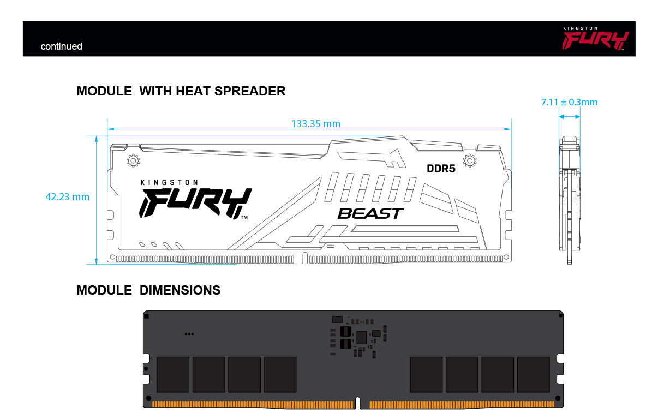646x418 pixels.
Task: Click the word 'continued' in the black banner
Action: (62, 46)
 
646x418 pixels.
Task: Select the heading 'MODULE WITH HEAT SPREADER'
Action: (181, 91)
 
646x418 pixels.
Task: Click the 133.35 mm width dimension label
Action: (315, 124)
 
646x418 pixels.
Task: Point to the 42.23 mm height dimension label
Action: (67, 197)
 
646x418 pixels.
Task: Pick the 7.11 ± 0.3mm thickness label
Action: (569, 102)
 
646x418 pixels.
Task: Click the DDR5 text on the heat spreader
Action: (441, 168)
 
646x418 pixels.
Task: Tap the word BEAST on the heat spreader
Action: (370, 213)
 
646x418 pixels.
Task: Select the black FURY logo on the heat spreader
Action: (195, 203)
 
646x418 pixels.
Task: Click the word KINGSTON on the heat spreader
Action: (169, 182)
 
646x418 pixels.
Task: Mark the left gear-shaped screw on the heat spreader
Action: (133, 160)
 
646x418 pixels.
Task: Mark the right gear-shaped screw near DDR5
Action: (470, 160)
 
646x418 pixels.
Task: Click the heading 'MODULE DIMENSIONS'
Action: (148, 290)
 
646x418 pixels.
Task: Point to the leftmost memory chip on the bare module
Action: (173, 374)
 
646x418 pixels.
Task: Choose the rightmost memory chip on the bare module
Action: (534, 374)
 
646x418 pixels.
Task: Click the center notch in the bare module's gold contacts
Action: (357, 403)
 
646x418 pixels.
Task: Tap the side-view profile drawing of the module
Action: (570, 200)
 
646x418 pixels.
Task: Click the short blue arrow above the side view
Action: (570, 117)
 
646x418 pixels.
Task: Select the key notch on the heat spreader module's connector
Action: (305, 258)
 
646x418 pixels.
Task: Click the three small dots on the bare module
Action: (189, 334)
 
